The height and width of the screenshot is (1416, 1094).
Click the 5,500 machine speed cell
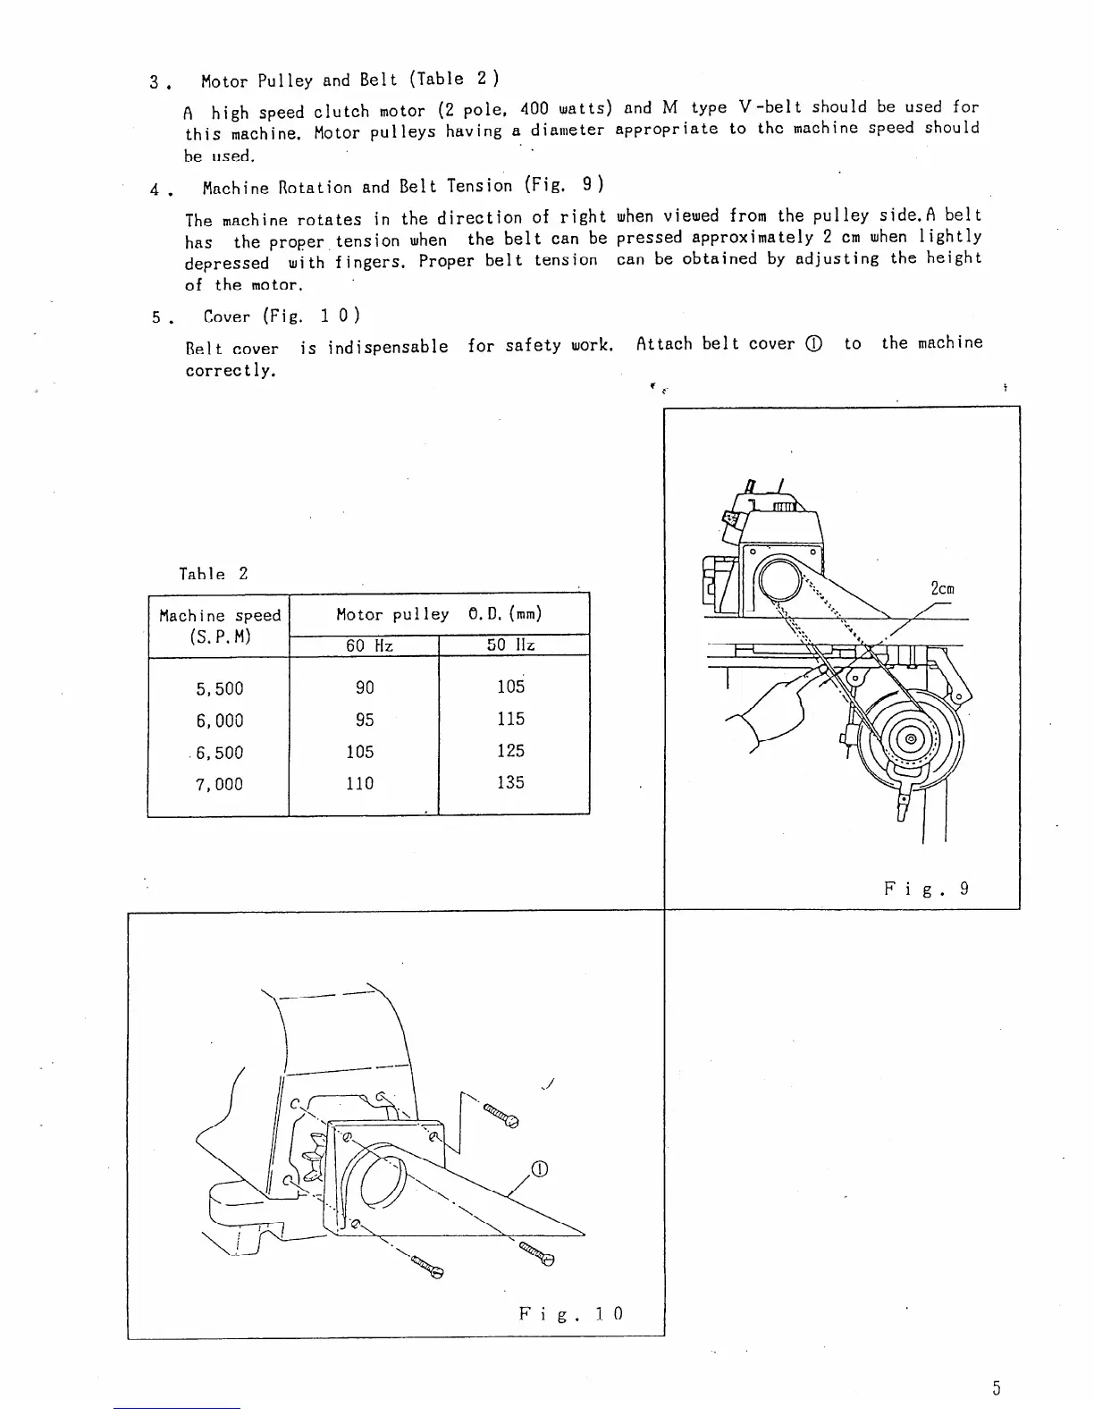coord(219,688)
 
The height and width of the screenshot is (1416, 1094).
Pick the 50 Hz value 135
coord(510,782)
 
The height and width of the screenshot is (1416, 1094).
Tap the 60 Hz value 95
coord(365,720)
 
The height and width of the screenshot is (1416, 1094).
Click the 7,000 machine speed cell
coord(219,784)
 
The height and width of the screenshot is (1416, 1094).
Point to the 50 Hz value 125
coord(510,751)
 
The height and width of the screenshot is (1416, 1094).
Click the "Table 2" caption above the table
coord(214,574)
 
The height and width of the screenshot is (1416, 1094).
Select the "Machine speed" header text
coord(220,615)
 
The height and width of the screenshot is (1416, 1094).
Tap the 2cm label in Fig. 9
coord(942,589)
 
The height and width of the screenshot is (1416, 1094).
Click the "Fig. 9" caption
coord(926,889)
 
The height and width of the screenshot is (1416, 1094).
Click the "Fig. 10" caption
coord(570,1313)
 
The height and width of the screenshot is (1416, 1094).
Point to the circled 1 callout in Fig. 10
coord(539,1169)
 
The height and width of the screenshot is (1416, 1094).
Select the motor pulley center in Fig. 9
coord(911,739)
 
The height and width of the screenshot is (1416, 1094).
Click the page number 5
coord(996,1388)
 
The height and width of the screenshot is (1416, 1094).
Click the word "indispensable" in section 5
coord(387,347)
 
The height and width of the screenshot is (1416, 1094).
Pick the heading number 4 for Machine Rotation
coord(156,189)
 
